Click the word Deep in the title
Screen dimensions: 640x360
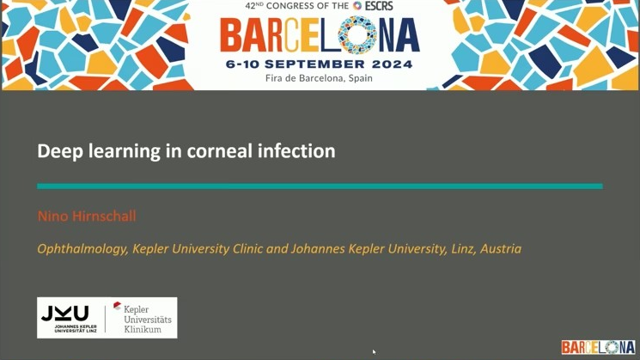[60, 151]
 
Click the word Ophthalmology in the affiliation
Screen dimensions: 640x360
[82, 249]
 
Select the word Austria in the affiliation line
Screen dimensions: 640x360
[501, 248]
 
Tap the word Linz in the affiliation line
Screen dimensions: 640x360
[463, 248]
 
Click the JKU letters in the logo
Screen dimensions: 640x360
[65, 314]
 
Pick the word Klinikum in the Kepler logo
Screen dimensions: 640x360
[143, 329]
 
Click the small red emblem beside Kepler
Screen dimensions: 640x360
[117, 305]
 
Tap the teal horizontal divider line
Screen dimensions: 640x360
[320, 186]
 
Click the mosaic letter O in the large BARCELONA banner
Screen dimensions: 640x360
[357, 35]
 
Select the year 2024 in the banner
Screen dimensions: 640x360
[393, 64]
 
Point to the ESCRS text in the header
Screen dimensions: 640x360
[379, 6]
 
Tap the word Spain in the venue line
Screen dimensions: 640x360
[361, 78]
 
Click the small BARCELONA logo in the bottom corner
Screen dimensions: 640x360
[599, 347]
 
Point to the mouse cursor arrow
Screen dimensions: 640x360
[374, 351]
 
